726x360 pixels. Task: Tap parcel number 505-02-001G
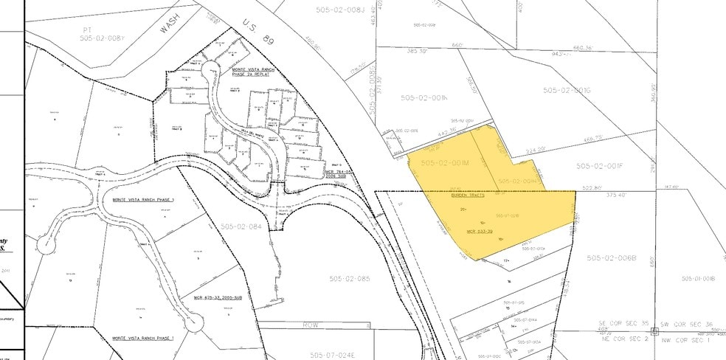(x=567, y=90)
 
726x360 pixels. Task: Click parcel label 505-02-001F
(x=600, y=166)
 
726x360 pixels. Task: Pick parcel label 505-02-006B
(x=611, y=257)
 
